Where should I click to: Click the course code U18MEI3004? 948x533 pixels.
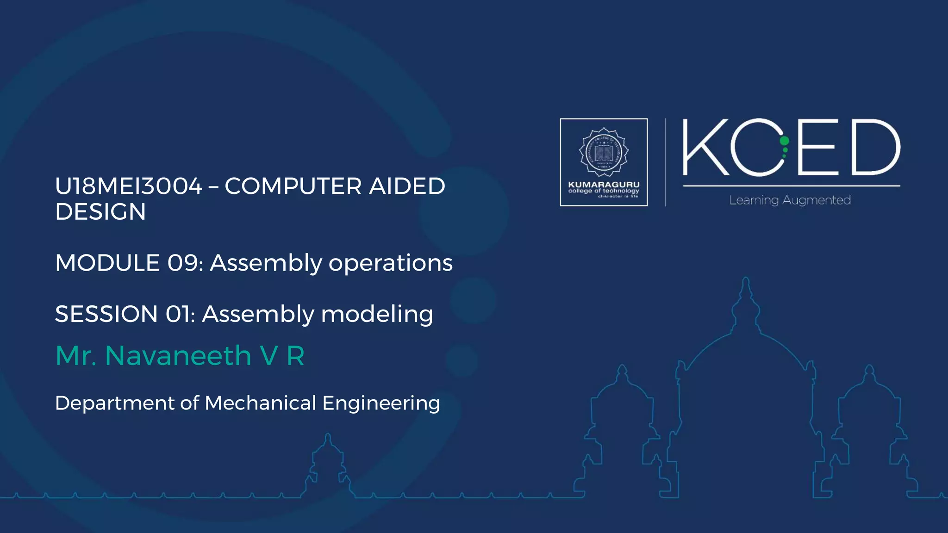click(x=129, y=186)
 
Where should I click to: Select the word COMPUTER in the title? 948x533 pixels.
click(x=293, y=186)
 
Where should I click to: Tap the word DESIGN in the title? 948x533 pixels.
click(x=100, y=212)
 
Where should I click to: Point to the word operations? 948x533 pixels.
click(x=390, y=263)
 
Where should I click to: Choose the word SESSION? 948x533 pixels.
click(x=106, y=314)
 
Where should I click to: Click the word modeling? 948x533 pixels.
click(x=377, y=315)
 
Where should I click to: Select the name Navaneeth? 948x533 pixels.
click(x=178, y=356)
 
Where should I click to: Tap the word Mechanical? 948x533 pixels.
click(x=260, y=403)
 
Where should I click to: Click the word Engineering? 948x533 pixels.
click(x=381, y=403)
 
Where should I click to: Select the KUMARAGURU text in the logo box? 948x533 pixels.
click(x=604, y=184)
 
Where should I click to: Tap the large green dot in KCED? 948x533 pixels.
click(x=784, y=141)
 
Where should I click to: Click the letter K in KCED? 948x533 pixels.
click(x=705, y=147)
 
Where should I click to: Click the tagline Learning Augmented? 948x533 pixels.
click(x=790, y=200)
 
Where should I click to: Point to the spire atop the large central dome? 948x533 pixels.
click(x=746, y=289)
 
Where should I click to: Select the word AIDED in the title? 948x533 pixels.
click(x=407, y=186)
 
